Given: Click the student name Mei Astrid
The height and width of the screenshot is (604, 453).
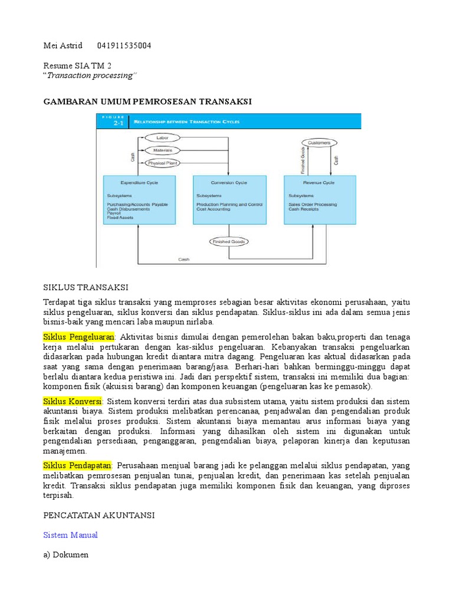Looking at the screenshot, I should point(63,46).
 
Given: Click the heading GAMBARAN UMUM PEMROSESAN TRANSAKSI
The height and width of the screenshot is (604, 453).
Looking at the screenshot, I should point(147,102).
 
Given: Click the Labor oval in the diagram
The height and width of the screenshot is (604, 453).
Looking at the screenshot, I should point(162,137).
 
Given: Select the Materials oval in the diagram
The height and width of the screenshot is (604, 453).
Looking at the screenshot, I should point(163,150).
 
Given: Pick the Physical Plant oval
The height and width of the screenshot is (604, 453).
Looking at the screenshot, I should point(163,163).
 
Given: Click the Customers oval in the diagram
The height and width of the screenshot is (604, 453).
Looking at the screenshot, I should point(319,143).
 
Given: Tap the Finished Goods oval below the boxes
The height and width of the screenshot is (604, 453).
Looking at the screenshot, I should point(229,241).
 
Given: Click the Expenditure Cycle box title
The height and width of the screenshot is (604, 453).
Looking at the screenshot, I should point(139,183).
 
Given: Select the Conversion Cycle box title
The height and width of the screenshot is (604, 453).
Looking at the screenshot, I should point(229,183).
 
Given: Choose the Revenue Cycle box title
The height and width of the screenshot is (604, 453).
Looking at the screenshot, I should point(320,183).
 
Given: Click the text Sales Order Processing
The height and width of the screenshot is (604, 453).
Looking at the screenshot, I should point(313,205).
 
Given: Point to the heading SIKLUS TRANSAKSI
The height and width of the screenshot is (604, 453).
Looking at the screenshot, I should point(86,288).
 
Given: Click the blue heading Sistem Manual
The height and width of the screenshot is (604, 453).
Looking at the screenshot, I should point(71,535).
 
